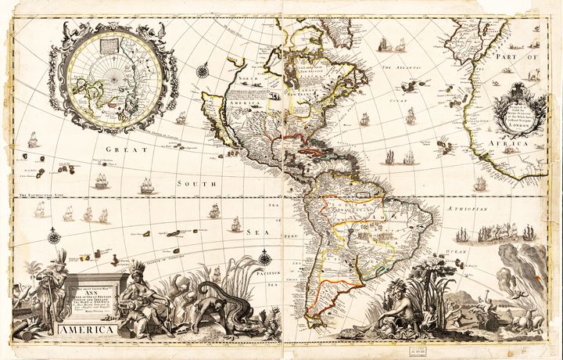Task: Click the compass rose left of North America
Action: pos(203,71)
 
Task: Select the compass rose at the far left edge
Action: pos(53,236)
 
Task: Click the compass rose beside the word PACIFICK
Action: pos(264,257)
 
